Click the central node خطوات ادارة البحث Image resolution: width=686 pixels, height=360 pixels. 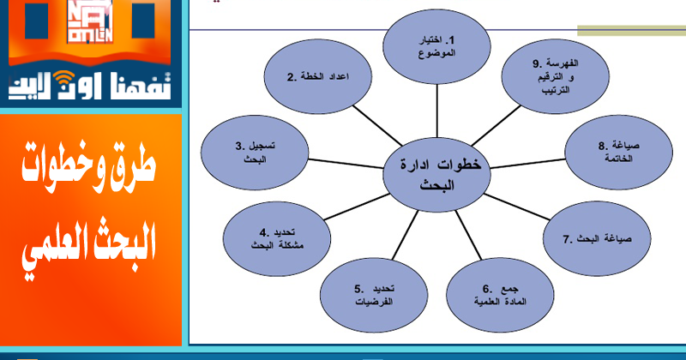[436, 175]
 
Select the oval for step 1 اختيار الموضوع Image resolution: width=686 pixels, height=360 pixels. [436, 47]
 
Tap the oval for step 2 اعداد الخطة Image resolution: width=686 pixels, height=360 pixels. [318, 76]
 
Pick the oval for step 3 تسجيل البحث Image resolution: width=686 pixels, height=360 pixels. [255, 153]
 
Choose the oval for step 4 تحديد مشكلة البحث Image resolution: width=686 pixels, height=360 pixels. [277, 239]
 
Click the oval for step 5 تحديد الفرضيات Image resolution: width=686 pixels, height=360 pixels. [374, 295]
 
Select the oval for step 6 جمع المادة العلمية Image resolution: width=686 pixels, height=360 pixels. [500, 295]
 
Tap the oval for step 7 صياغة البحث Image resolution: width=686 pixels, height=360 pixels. [597, 239]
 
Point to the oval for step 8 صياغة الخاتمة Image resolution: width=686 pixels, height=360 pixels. [618, 153]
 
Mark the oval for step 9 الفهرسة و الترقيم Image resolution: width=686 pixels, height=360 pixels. [555, 76]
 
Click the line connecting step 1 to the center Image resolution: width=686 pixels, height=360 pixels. [436, 111]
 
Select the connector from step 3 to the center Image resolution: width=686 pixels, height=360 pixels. [346, 164]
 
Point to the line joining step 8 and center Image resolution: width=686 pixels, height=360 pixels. [527, 164]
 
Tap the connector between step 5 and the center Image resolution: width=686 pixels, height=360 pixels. [405, 235]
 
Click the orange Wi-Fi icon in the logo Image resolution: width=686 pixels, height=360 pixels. [63, 78]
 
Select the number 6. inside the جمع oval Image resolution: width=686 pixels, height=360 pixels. [488, 289]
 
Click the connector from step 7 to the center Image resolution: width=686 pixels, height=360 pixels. [517, 207]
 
